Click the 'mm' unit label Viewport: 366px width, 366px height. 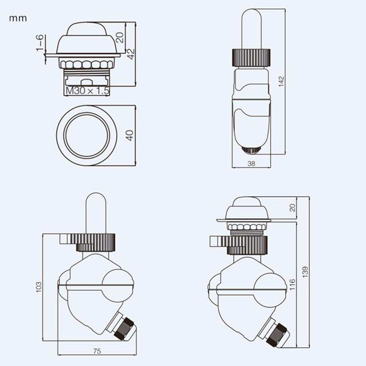pos(18,18)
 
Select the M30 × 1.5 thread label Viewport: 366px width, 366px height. pos(87,91)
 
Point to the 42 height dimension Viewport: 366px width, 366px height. pos(131,54)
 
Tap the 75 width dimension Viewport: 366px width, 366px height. pos(97,351)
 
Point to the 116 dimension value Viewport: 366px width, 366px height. pos(293,285)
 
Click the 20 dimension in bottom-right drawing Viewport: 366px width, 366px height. pos(293,208)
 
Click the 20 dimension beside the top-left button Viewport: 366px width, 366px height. pos(120,37)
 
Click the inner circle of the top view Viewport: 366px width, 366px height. pos(86,135)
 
